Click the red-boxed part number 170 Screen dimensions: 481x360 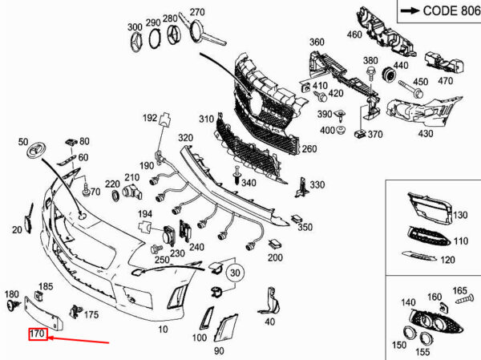click(x=38, y=334)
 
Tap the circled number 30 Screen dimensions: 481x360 click(x=235, y=273)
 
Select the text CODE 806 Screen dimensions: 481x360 click(x=451, y=10)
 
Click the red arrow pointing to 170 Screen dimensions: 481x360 click(x=79, y=340)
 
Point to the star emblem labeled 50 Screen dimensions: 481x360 click(x=36, y=152)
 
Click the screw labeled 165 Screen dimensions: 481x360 click(x=464, y=298)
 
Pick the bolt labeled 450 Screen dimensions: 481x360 click(x=411, y=89)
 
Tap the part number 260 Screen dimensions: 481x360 click(x=309, y=149)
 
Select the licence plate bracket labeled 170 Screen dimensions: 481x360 click(x=43, y=313)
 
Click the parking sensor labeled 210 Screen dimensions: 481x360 click(x=132, y=192)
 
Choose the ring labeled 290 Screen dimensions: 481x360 click(x=155, y=38)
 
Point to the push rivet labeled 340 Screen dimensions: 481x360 click(x=236, y=175)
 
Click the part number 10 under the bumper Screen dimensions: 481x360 click(x=163, y=330)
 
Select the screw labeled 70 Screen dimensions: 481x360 click(x=86, y=190)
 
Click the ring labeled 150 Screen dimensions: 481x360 click(x=409, y=334)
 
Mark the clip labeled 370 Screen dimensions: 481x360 click(x=360, y=134)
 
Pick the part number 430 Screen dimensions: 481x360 click(x=426, y=134)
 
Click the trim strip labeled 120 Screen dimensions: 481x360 click(x=419, y=255)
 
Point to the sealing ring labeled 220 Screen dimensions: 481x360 click(x=115, y=196)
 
